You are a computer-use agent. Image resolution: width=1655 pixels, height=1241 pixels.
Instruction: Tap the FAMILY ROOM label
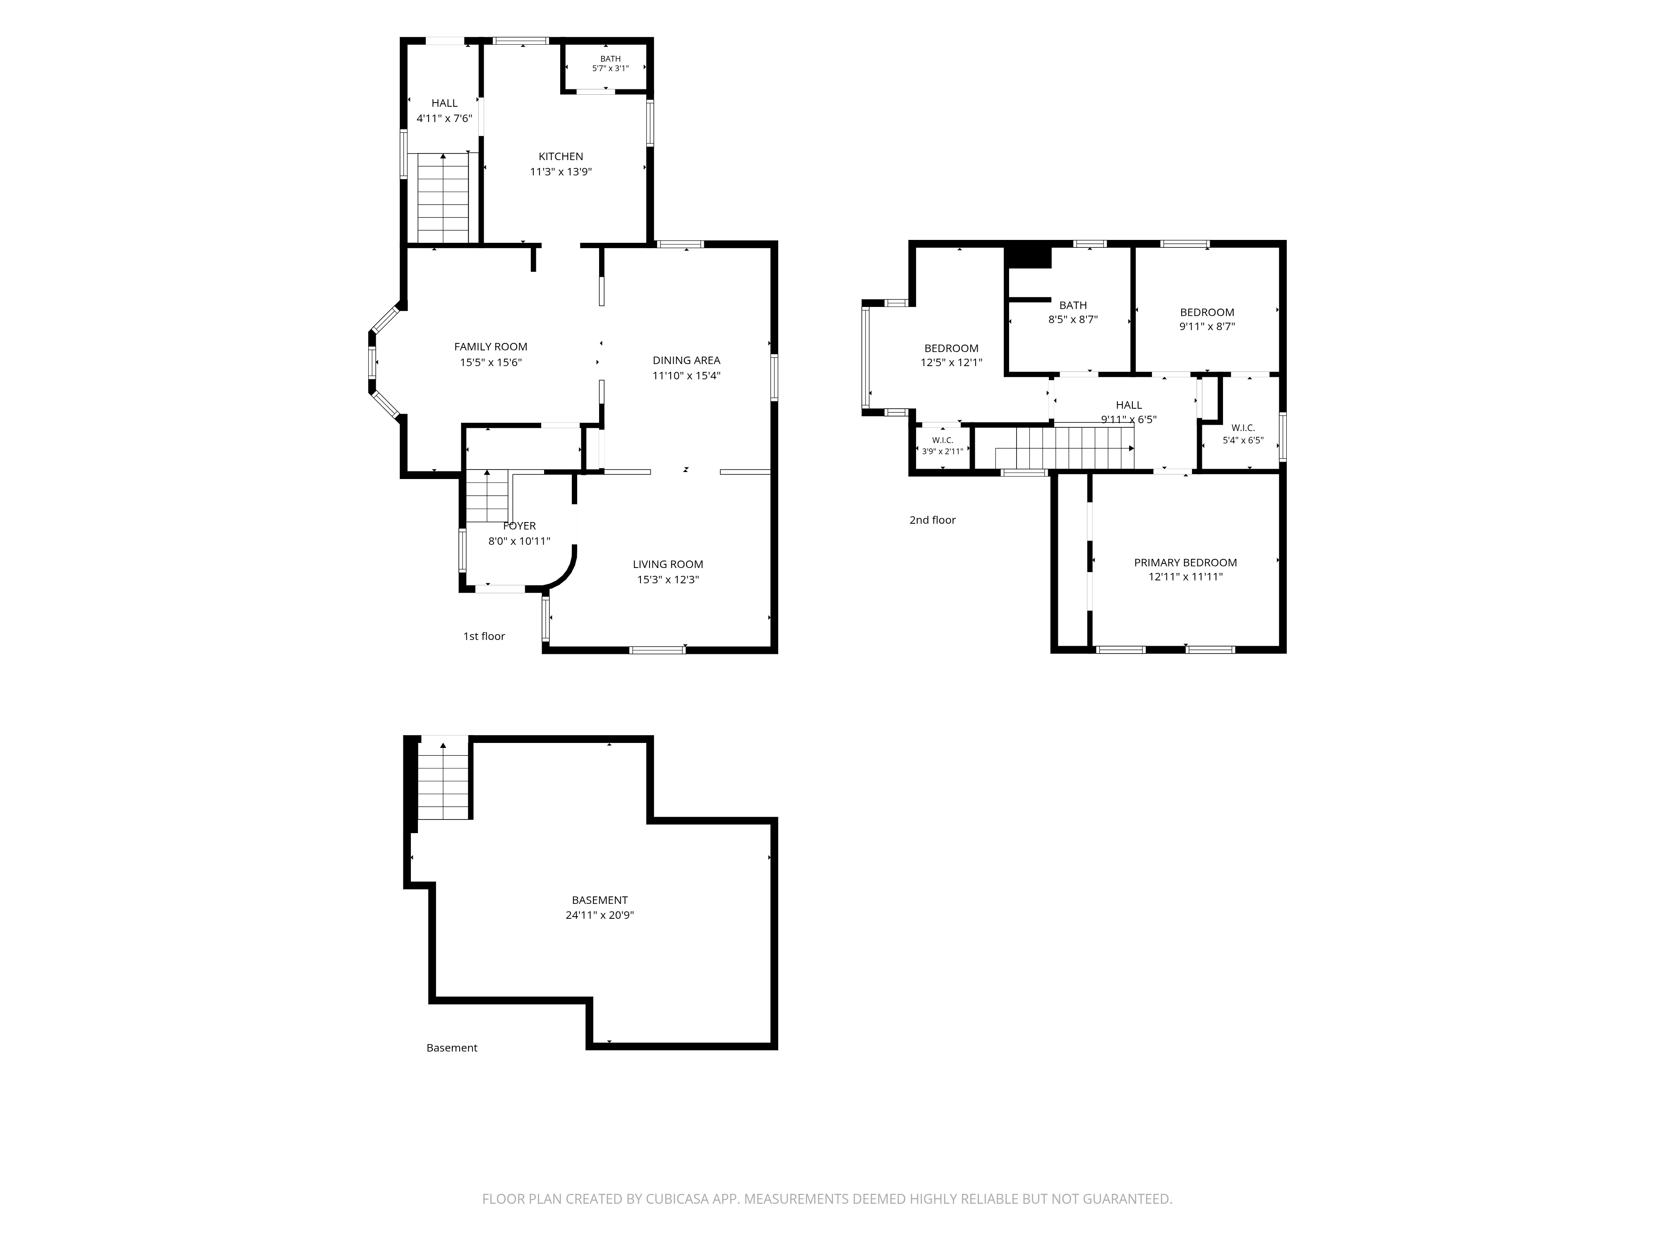[x=491, y=346]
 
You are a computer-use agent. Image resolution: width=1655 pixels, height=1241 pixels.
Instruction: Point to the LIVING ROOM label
[x=668, y=564]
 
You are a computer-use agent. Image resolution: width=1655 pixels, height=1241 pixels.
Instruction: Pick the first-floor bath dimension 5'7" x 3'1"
[x=611, y=69]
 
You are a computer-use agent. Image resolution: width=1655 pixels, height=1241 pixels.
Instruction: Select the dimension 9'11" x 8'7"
[x=1207, y=326]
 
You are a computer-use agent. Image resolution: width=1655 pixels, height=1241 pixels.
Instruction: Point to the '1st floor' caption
[x=484, y=636]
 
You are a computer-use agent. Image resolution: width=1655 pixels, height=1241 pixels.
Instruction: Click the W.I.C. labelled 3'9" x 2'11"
[x=942, y=446]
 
